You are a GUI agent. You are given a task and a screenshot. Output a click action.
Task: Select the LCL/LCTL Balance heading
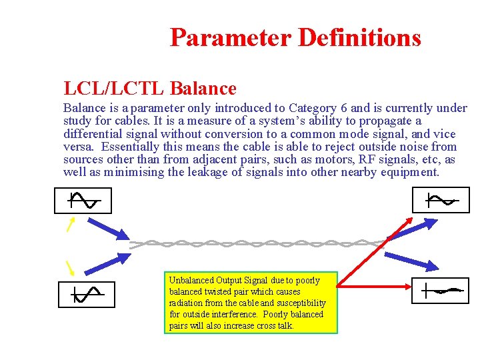[150, 88]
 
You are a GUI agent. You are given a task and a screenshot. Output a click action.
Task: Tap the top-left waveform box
[83, 200]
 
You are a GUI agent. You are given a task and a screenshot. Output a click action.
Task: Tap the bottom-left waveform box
[87, 294]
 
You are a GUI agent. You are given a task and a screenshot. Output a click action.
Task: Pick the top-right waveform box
[441, 200]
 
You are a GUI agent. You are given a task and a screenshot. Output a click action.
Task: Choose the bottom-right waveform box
[440, 291]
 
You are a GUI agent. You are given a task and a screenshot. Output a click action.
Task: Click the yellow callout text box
[251, 303]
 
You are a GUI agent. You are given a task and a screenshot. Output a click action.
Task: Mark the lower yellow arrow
[69, 267]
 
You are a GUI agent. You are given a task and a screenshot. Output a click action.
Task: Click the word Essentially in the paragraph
[123, 147]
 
